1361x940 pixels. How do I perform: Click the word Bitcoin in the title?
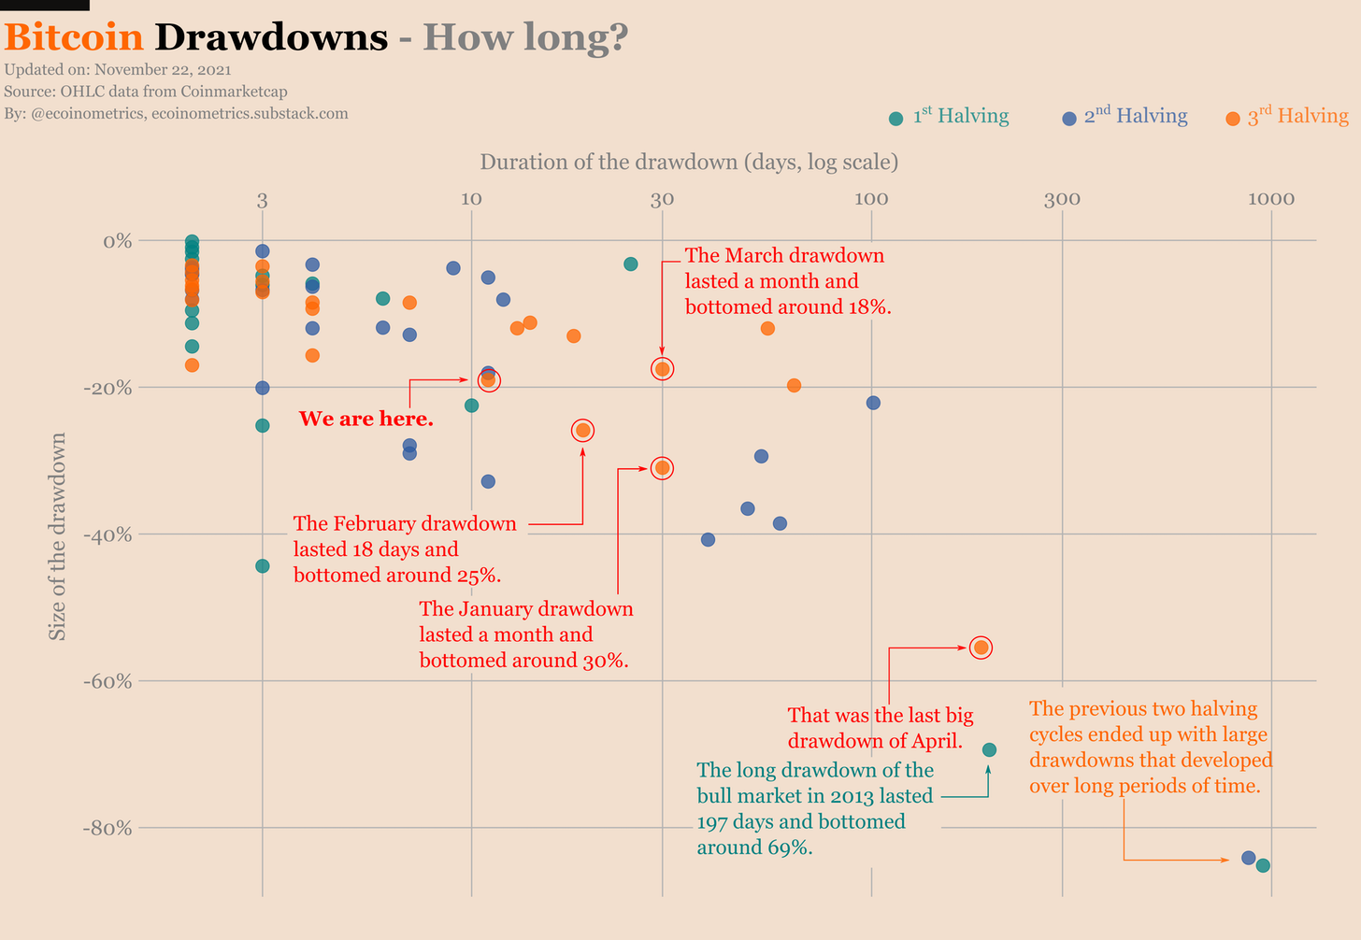(x=74, y=37)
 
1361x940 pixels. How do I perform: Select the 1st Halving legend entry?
(x=950, y=117)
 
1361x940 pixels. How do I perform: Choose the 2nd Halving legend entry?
(x=1125, y=117)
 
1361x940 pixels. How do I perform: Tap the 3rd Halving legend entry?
(x=1287, y=117)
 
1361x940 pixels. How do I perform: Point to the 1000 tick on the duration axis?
(x=1270, y=199)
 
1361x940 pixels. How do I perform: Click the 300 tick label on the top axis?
(x=1062, y=199)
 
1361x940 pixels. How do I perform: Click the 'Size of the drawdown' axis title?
(x=58, y=536)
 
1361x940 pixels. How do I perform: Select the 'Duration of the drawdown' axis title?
(x=689, y=162)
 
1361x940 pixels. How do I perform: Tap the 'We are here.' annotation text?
(x=365, y=419)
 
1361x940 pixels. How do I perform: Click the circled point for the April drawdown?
(x=981, y=648)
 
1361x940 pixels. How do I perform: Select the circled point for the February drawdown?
(x=582, y=430)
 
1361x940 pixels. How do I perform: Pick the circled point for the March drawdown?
(x=662, y=369)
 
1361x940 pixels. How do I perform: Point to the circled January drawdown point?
(x=662, y=467)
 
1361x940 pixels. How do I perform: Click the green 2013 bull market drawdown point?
(x=989, y=749)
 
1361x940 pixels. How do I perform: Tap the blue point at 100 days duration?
(x=873, y=403)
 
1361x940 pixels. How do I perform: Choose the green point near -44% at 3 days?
(x=263, y=565)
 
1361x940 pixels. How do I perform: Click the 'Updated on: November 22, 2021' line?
(x=118, y=69)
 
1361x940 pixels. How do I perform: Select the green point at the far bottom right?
(x=1263, y=865)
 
